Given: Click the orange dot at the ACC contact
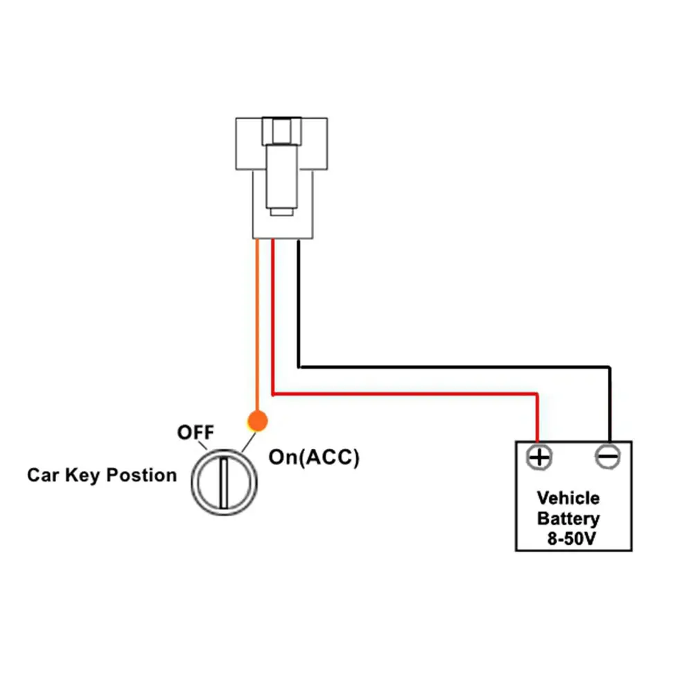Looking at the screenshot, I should (257, 420).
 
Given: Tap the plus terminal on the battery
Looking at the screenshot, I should (539, 457).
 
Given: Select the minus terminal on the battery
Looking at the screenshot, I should (608, 457).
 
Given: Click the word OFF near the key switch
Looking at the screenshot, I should (196, 432).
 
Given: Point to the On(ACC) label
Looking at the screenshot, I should (314, 458).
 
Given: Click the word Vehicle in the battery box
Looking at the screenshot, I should (569, 498).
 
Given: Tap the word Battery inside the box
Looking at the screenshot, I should (569, 518).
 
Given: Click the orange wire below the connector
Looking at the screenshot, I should (257, 326).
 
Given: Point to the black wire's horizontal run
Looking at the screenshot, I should (450, 366).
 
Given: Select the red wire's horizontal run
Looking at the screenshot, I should (402, 394).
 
